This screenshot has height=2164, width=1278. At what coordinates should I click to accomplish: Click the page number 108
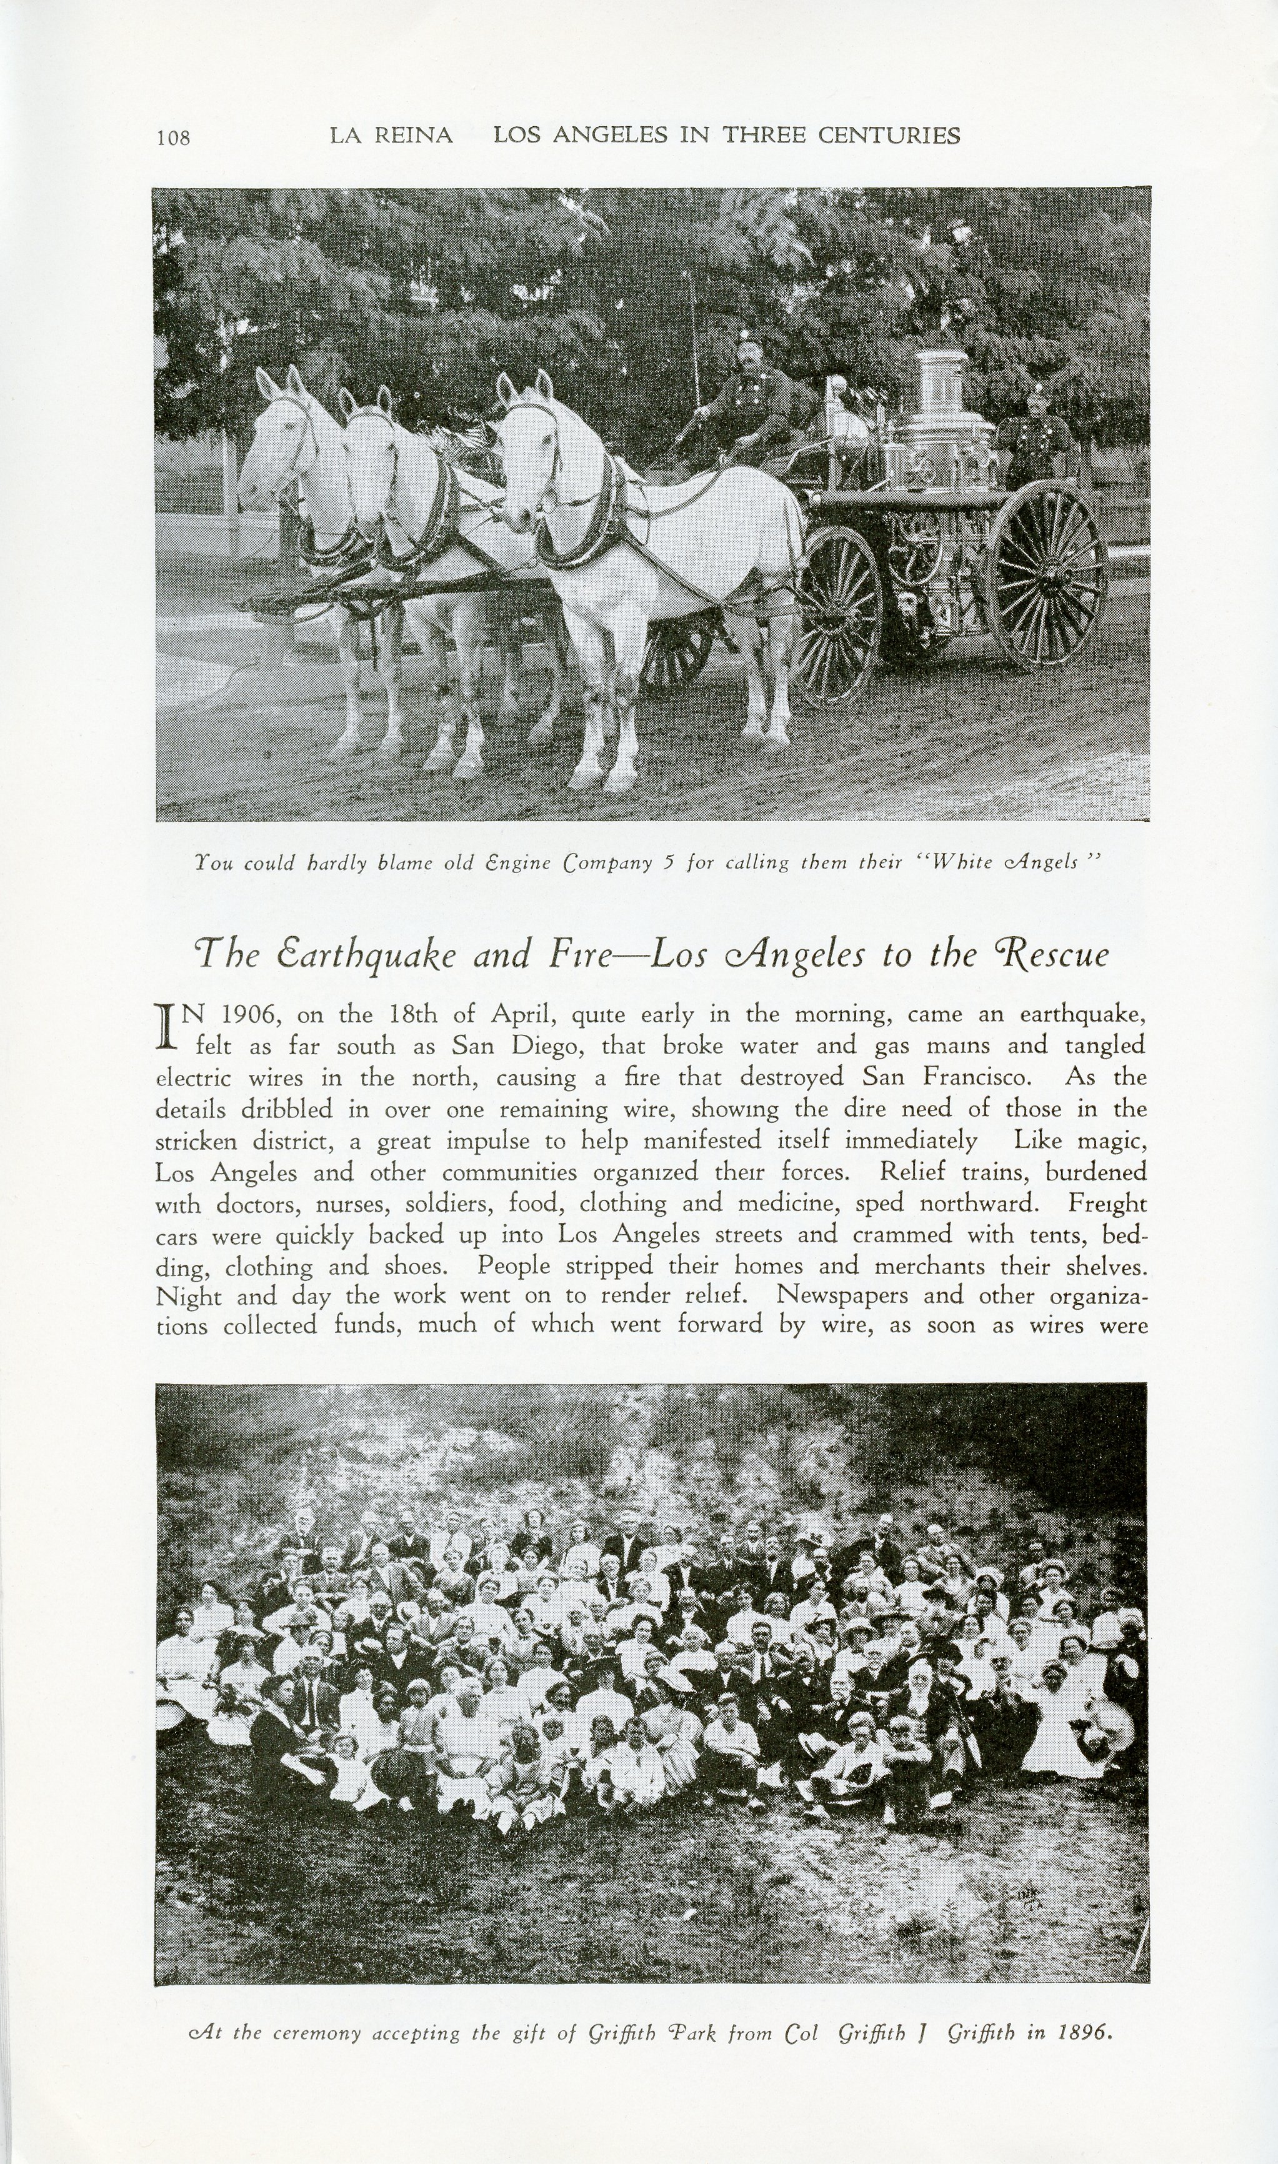point(173,137)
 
